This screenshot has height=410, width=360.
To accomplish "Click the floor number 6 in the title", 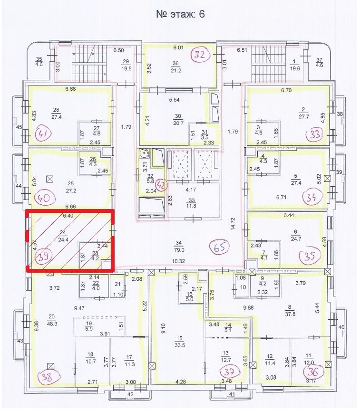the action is pyautogui.click(x=201, y=14).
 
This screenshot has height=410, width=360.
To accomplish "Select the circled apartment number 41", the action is pyautogui.click(x=44, y=133).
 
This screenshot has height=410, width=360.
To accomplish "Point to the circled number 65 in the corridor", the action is pyautogui.click(x=219, y=247).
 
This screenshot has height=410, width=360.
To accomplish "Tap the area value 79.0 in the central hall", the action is pyautogui.click(x=179, y=250).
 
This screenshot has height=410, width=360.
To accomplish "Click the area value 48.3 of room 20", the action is pyautogui.click(x=51, y=324).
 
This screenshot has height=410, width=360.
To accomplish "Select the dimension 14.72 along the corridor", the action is pyautogui.click(x=233, y=224).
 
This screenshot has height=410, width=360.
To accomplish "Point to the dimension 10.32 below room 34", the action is pyautogui.click(x=178, y=261).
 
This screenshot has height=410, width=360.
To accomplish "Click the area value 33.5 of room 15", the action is pyautogui.click(x=180, y=345).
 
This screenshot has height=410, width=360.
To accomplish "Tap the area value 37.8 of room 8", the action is pyautogui.click(x=290, y=314).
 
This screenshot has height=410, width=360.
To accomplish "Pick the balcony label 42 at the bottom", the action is pyautogui.click(x=130, y=394).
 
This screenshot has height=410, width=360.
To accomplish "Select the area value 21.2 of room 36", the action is pyautogui.click(x=175, y=70).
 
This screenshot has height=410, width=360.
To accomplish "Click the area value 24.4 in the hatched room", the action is pyautogui.click(x=63, y=239).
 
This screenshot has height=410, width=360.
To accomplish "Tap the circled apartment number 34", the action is pyautogui.click(x=311, y=197).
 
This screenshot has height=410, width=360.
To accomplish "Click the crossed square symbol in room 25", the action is pyautogui.click(x=49, y=179).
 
